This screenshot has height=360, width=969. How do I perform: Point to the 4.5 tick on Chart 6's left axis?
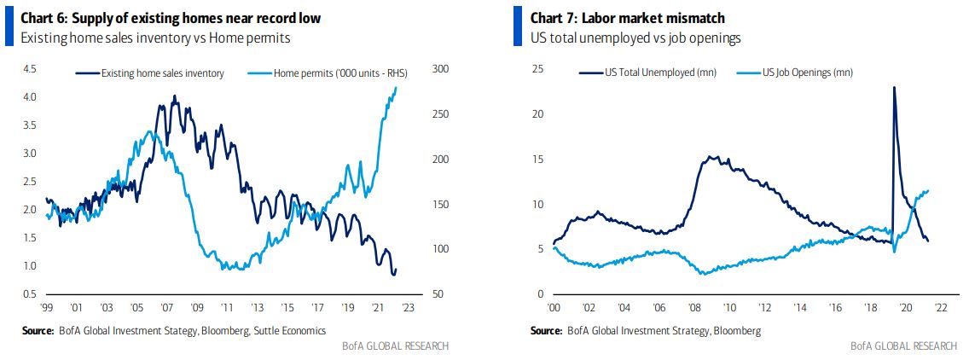click(x=29, y=69)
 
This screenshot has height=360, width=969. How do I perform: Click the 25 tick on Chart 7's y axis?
click(x=537, y=69)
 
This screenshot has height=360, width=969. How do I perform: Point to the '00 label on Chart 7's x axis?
click(x=554, y=308)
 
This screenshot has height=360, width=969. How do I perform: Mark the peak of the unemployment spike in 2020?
click(x=894, y=87)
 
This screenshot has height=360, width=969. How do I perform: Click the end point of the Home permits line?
click(x=396, y=88)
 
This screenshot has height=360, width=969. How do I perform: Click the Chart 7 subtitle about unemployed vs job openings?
click(x=635, y=38)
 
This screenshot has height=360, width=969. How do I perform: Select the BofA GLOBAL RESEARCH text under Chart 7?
click(x=903, y=345)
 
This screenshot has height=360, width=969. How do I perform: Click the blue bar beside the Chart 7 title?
click(x=517, y=26)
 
